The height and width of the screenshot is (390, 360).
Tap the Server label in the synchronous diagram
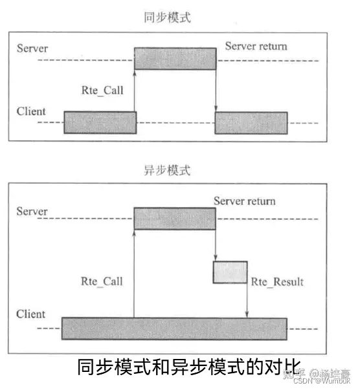coord(32,49)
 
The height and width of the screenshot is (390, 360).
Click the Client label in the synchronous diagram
coord(31,111)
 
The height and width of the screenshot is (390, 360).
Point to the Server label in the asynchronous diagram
coord(32,211)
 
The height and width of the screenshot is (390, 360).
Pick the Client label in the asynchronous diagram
coord(31,314)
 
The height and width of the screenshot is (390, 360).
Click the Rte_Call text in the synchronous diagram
coord(102,91)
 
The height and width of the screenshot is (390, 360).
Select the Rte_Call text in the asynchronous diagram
coord(102,281)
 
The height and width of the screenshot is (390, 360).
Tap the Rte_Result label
coord(276,282)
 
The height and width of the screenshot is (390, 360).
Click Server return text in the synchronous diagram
coord(256,47)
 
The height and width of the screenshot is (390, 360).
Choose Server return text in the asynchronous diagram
coord(244,201)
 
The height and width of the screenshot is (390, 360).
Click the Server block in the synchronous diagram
coord(175,58)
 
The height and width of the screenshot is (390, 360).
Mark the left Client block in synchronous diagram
coord(100,122)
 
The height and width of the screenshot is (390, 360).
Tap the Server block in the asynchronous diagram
coord(175,218)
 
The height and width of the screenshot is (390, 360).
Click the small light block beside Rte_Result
coord(230,272)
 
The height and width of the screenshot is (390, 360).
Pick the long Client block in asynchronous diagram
coord(174,329)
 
